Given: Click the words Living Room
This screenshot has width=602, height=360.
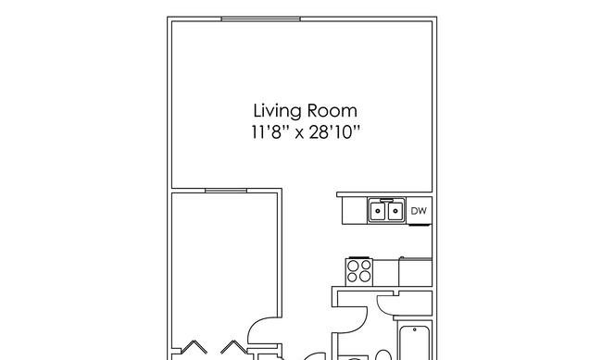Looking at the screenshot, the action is point(306,111).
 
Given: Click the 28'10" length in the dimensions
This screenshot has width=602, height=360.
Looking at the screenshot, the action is point(334,132).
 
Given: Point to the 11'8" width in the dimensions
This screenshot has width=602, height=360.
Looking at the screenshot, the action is point(270,132).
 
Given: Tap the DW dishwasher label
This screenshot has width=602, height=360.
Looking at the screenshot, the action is point(419,211).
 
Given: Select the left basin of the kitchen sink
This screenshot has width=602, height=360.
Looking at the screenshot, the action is point(378,211).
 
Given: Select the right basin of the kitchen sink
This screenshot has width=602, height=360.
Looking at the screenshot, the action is point(395,211).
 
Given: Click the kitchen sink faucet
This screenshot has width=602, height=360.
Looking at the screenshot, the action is point(386,200).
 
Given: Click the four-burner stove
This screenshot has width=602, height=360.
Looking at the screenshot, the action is point(359,272).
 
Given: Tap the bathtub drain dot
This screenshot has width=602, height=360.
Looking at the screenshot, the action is point(415,329).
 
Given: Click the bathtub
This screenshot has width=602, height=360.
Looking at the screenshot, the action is point(414,342).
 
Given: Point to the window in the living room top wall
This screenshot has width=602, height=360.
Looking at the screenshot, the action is point(260,19).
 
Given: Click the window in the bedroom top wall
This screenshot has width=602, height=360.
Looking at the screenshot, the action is point(226,191).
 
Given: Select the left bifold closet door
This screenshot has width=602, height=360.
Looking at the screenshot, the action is point(194,347).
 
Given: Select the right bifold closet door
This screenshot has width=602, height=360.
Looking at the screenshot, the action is point(233,347).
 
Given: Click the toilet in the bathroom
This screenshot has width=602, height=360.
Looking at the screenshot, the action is point(383,355).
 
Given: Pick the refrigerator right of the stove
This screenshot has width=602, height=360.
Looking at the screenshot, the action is point(416,272).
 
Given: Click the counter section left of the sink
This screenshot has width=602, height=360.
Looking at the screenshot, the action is point(355,211).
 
